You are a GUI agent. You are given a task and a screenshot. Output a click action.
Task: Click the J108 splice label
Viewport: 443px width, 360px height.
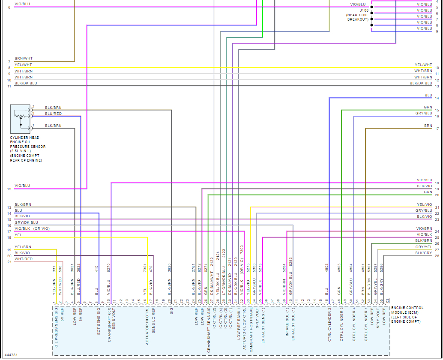coord(364,10)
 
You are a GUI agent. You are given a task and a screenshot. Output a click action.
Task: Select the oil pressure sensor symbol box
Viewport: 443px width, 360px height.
coord(20,118)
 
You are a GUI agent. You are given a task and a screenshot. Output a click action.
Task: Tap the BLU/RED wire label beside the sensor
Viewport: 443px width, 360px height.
coord(53,114)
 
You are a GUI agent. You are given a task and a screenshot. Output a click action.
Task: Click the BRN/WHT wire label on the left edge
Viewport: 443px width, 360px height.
coord(24,58)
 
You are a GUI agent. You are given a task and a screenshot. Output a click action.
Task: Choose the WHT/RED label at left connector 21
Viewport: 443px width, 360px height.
coord(24,259)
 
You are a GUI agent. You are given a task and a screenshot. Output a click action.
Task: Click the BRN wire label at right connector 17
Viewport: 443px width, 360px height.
coord(428,126)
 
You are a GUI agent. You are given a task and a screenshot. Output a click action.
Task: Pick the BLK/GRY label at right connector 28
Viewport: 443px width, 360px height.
coord(424,253)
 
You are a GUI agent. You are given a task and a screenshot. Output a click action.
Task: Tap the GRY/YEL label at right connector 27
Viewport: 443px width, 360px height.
coord(424,247)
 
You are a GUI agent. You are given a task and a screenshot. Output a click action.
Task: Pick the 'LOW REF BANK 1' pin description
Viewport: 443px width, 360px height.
coord(239,322)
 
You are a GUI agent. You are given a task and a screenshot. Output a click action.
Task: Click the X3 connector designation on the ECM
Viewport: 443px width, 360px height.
coord(388,300)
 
